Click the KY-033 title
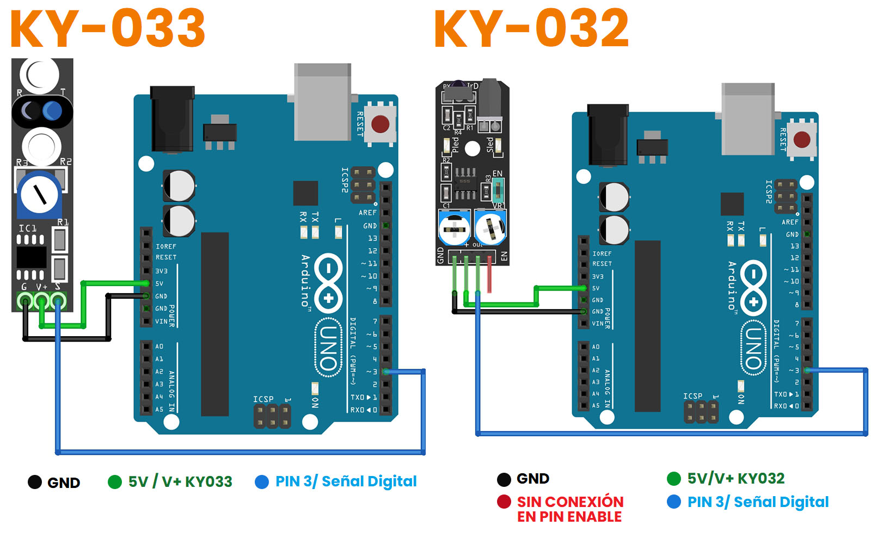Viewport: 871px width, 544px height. [108, 28]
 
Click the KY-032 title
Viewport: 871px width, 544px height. [531, 28]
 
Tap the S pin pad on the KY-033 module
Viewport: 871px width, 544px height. [58, 301]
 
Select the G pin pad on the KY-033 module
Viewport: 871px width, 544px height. [24, 301]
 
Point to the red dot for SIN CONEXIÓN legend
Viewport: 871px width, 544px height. [504, 502]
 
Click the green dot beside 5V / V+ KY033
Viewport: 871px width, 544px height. [115, 482]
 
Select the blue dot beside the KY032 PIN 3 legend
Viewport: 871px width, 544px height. [674, 502]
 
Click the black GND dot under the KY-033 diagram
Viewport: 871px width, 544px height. [35, 482]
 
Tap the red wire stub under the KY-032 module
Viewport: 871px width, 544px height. [489, 277]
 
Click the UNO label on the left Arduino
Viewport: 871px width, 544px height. [328, 348]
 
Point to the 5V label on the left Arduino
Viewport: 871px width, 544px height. [160, 283]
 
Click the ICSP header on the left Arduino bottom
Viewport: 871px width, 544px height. [272, 416]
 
